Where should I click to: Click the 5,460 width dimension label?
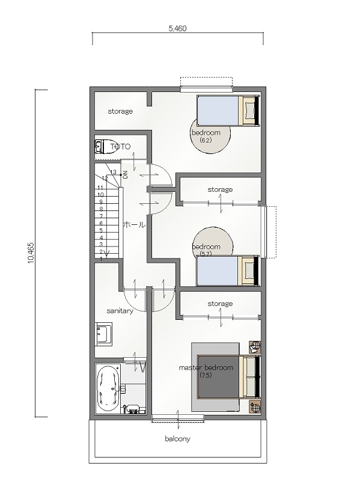click(x=177, y=28)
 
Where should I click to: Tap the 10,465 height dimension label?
click(x=31, y=253)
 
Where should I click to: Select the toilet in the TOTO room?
click(x=106, y=147)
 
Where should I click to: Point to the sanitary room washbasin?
click(x=103, y=334)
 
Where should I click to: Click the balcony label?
click(x=177, y=439)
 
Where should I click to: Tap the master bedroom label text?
click(x=206, y=367)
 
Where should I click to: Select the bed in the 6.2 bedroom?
click(x=228, y=111)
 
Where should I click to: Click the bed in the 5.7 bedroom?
click(x=228, y=271)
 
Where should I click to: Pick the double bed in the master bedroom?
click(x=228, y=376)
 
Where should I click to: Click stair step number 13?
click(x=113, y=172)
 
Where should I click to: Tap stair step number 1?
click(x=101, y=259)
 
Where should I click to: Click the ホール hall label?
click(x=134, y=224)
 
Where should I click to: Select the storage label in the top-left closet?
click(x=120, y=111)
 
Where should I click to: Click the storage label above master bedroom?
click(x=220, y=304)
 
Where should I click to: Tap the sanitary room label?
click(x=120, y=311)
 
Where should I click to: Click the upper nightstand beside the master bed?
click(x=255, y=346)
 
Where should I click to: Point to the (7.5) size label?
click(x=206, y=375)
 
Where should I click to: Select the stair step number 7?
click(x=101, y=216)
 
